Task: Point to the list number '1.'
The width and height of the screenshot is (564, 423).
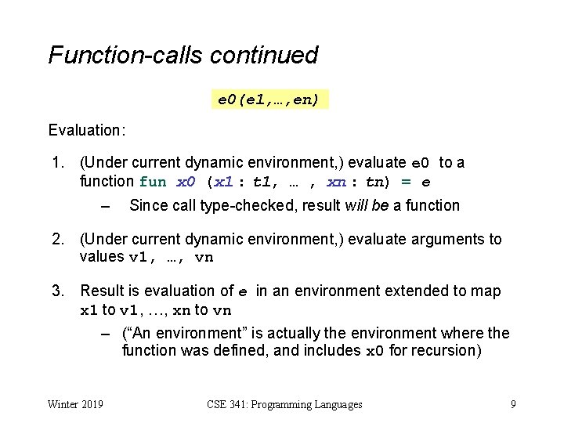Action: (x=57, y=163)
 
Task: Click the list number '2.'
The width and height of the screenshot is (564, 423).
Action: (x=57, y=239)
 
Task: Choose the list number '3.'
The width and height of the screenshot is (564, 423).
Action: (x=57, y=291)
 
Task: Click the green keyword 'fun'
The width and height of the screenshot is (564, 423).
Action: (x=153, y=182)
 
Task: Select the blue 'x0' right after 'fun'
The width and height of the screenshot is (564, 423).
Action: (x=186, y=182)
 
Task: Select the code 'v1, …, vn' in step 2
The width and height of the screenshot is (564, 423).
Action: (x=171, y=258)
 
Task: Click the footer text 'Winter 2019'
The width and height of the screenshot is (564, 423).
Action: (x=76, y=404)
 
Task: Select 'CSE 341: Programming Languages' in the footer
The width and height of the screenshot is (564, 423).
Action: (x=284, y=404)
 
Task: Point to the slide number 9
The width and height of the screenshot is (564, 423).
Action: (x=512, y=404)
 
